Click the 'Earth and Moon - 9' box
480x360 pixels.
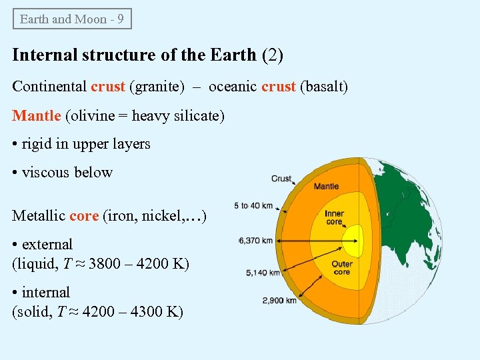point(72,19)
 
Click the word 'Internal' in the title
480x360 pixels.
point(40,55)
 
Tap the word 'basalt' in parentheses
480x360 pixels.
point(323,87)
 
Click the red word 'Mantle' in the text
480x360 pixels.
point(37,116)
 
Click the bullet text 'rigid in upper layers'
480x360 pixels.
point(86,144)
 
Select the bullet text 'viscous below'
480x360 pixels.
point(67,173)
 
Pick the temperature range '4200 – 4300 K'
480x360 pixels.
point(137,312)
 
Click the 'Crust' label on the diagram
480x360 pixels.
point(281,179)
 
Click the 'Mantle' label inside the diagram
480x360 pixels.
point(326,187)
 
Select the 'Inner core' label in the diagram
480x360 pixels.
point(334,218)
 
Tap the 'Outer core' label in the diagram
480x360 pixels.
point(341,268)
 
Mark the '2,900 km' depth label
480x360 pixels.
point(279,301)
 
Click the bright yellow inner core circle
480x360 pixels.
point(353,236)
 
